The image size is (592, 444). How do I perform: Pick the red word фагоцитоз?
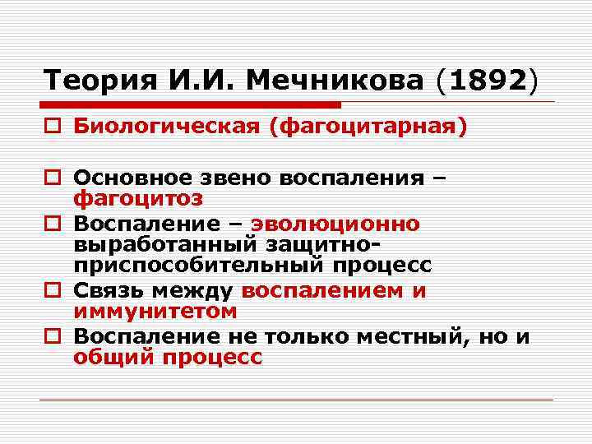pos(138,200)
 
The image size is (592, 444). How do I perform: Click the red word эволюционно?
pos(335,224)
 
